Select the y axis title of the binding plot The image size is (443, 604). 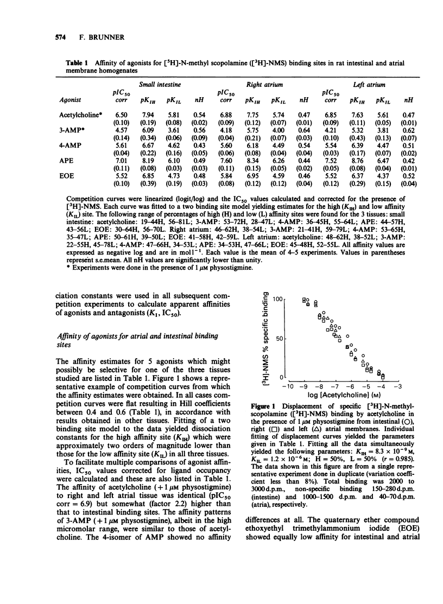click(x=266, y=339)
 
